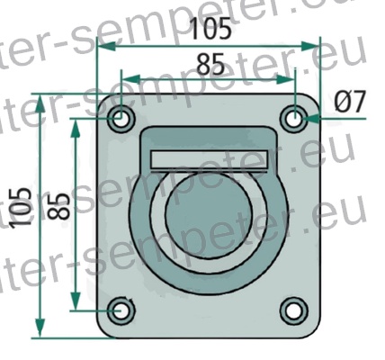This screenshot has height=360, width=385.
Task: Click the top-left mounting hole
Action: pos(121,118)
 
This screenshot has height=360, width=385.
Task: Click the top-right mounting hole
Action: pos(293,118)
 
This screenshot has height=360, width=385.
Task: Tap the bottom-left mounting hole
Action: pos(121,310)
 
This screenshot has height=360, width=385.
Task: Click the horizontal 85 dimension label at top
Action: pos(209,65)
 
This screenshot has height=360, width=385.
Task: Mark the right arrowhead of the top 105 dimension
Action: pos(314,42)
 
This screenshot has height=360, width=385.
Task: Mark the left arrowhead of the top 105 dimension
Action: pos(102,42)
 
